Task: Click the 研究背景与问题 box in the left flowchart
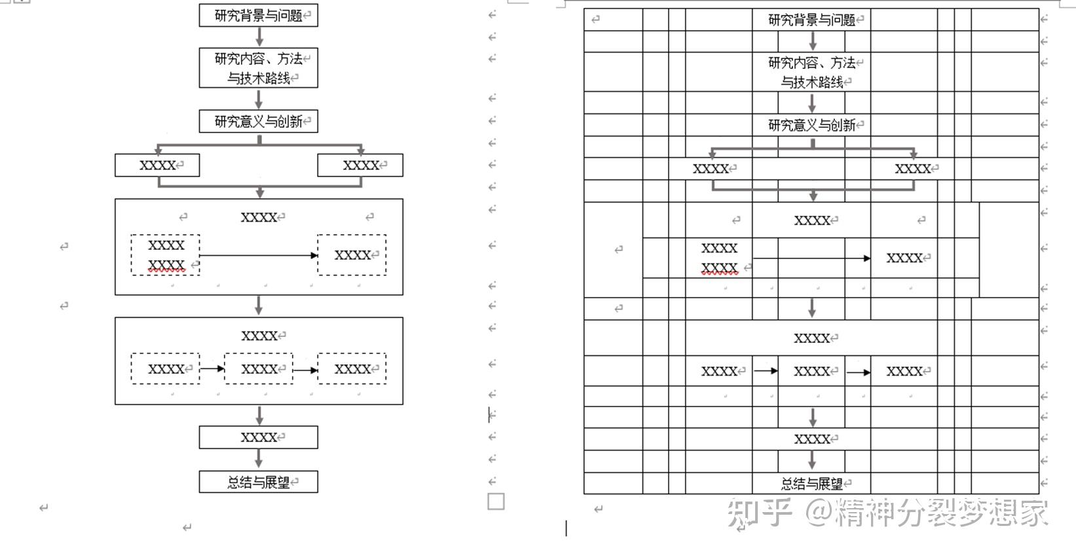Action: pos(258,15)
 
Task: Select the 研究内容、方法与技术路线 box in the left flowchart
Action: pos(258,68)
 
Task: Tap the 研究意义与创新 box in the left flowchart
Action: pos(258,121)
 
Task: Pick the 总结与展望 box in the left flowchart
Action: pos(258,482)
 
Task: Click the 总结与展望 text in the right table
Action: pos(811,484)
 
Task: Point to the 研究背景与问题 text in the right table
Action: pos(811,20)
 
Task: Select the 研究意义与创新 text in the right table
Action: pos(811,125)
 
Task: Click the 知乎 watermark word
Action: pos(760,513)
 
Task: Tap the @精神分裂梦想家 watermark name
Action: pos(927,513)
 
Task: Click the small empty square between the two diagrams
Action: pos(496,502)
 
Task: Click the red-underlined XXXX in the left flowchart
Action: pos(166,265)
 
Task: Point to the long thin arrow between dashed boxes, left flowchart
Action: pos(258,255)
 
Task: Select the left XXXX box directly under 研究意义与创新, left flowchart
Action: pos(157,165)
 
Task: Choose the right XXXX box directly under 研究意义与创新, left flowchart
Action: pos(360,165)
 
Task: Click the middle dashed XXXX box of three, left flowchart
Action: pos(259,369)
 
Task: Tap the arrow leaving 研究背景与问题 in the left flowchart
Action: pos(259,37)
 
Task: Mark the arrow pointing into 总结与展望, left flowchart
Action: pos(259,459)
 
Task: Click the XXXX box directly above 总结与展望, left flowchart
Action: pos(258,437)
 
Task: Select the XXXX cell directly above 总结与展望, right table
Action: pos(811,439)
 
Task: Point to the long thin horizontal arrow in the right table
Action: pos(811,258)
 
